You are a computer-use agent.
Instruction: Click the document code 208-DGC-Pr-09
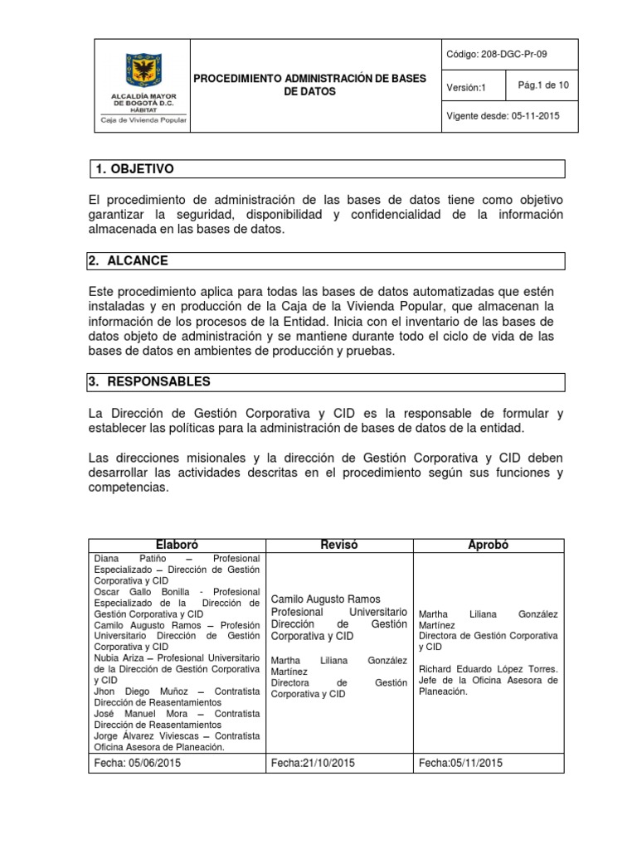tap(496, 55)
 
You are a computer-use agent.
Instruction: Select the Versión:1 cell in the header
tap(468, 87)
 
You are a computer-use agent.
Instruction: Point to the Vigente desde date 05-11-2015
tap(503, 116)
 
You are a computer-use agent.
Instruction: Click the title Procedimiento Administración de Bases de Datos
tap(309, 85)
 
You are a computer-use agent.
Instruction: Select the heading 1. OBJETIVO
tap(134, 169)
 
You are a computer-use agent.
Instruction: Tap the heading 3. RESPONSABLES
tap(149, 382)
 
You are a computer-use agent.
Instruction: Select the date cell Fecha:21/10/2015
tap(313, 763)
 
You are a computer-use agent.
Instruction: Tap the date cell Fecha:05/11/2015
tap(461, 763)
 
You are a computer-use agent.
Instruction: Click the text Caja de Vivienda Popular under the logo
tap(138, 119)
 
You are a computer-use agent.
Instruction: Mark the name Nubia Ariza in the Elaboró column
tap(116, 657)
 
